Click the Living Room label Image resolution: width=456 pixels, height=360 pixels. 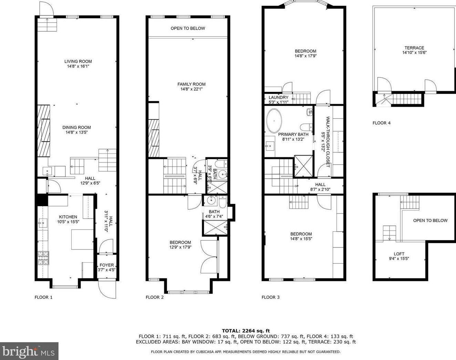(78, 61)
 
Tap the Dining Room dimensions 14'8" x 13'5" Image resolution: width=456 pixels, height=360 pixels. (76, 133)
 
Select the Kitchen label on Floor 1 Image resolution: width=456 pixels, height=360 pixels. (68, 217)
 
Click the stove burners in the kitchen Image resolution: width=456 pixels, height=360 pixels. (43, 258)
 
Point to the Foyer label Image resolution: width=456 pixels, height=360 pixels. (106, 265)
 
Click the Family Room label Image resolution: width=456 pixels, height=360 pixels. (191, 84)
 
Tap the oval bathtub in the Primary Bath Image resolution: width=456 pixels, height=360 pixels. (274, 121)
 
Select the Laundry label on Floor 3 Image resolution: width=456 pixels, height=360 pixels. (278, 97)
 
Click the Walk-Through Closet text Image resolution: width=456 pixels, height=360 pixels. (328, 142)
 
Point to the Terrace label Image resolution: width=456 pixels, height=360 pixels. (414, 48)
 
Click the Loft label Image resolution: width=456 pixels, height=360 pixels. (399, 254)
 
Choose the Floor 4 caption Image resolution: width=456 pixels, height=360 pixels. (381, 123)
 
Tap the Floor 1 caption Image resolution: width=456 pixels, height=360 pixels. (43, 297)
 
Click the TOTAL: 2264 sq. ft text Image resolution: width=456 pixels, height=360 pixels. (246, 330)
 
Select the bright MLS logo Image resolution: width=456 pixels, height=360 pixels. (29, 351)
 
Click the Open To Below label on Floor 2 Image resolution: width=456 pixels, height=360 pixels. (188, 28)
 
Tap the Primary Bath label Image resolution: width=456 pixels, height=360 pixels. (293, 134)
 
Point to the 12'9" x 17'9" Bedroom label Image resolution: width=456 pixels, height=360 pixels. (180, 245)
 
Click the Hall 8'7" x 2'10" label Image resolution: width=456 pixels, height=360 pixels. (320, 187)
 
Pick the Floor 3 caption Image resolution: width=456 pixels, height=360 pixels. (271, 297)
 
